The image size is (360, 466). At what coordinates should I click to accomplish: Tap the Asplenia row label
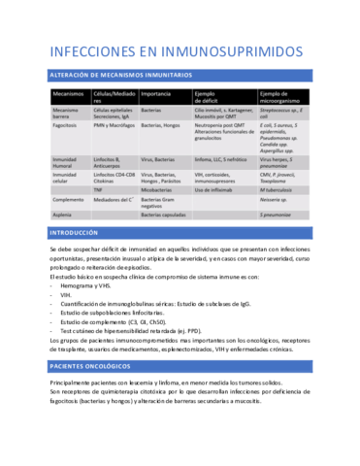pyautogui.click(x=64, y=215)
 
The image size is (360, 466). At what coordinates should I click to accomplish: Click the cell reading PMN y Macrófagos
pyautogui.click(x=115, y=126)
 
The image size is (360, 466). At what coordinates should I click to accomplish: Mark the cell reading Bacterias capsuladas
pyautogui.click(x=166, y=215)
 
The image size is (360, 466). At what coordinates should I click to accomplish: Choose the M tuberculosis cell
pyautogui.click(x=282, y=189)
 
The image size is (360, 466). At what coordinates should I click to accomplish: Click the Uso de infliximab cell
pyautogui.click(x=218, y=189)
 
